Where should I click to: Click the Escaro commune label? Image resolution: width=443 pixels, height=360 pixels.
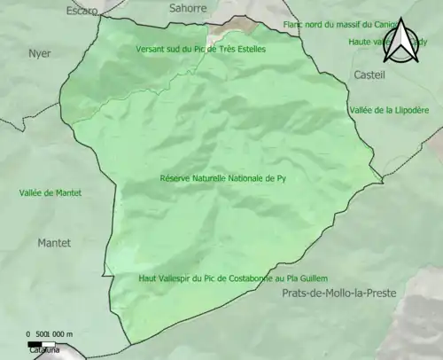coord(82,12)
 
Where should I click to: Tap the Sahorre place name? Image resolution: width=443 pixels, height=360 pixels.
coord(187,7)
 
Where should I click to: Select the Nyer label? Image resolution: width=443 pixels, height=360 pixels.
coord(40,53)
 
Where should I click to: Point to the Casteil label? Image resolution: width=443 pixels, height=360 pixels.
coord(369,76)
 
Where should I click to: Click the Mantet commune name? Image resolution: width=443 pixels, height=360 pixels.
coord(54,242)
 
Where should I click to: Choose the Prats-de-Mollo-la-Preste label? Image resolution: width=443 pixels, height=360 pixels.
coord(338,293)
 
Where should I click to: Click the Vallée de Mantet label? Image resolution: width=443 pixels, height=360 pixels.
coord(51,192)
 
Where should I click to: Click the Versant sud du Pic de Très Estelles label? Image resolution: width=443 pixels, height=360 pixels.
coord(200,49)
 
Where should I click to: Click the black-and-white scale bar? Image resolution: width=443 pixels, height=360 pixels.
coord(42,343)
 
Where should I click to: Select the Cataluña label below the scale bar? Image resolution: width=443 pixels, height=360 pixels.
coord(42,351)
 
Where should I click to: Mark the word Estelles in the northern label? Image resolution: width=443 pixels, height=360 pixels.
coord(248,49)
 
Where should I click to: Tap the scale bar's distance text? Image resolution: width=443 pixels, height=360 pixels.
coord(51,334)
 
